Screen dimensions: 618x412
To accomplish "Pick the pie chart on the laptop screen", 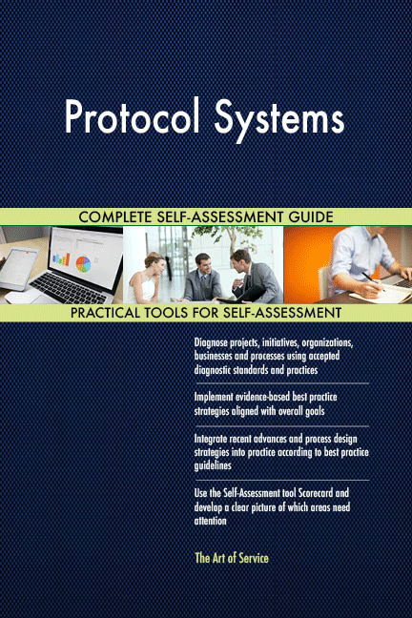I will click(x=82, y=261).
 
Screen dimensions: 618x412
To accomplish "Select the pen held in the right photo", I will click(x=367, y=278).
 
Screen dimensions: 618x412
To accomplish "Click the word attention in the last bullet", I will click(x=210, y=521).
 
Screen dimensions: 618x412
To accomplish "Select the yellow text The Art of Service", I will click(x=230, y=558).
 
